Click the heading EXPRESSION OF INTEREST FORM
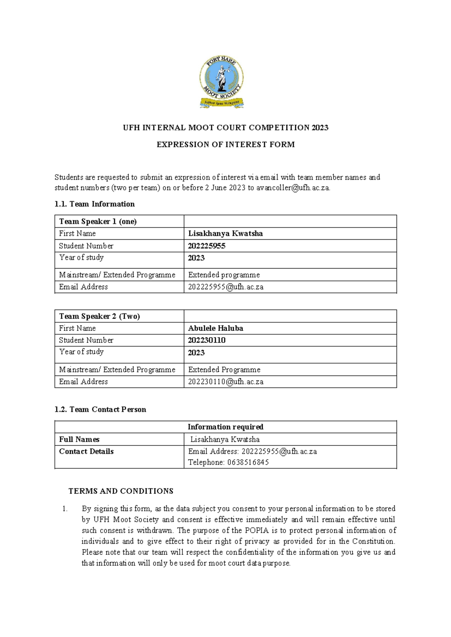(x=225, y=145)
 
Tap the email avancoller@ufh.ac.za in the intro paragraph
(x=293, y=188)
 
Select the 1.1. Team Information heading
(x=94, y=204)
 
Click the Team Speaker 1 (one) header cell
(x=98, y=222)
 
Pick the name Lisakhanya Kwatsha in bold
(x=225, y=234)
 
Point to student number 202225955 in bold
(x=207, y=246)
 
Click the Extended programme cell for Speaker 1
(x=224, y=275)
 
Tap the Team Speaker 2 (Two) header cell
(x=99, y=316)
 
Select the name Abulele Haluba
(x=215, y=328)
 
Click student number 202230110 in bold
(x=207, y=340)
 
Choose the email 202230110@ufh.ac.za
(x=225, y=382)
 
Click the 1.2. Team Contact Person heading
(x=100, y=410)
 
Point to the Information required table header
(x=225, y=427)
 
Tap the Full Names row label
(x=79, y=439)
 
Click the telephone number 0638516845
(x=248, y=463)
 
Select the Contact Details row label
(x=86, y=451)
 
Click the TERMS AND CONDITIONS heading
(x=121, y=491)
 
